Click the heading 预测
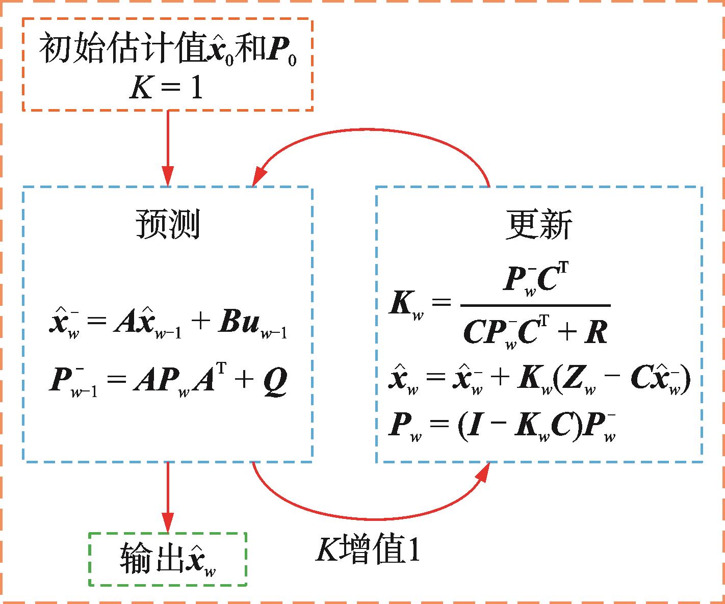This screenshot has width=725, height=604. tap(167, 224)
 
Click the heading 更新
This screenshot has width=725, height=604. tap(538, 224)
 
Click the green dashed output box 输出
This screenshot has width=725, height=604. tap(167, 559)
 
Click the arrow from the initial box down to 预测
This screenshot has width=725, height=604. tap(167, 148)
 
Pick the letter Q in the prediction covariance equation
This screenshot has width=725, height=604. tap(275, 381)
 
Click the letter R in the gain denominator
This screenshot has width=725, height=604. tap(595, 334)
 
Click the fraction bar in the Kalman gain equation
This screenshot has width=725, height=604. tap(535, 305)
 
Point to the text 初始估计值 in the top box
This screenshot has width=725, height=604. tap(122, 49)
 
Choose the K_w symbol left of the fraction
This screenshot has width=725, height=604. tap(405, 304)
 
